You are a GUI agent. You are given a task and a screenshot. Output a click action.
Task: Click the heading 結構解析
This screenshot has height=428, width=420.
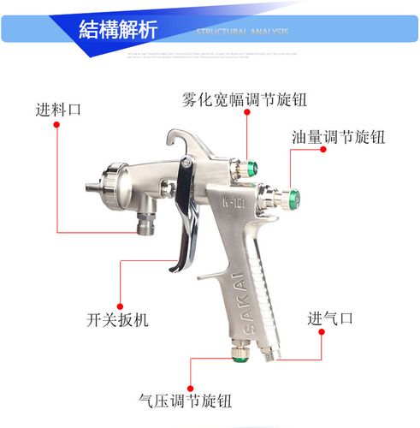tap(118, 29)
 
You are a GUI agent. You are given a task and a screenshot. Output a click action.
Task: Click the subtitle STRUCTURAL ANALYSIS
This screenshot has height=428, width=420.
tap(242, 31)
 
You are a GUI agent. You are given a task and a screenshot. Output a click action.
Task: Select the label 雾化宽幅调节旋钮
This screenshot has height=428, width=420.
tap(244, 99)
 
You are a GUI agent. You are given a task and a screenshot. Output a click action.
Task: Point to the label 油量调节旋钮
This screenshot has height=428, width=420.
tap(337, 137)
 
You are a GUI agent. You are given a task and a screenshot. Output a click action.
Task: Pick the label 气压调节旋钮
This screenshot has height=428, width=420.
tap(185, 400)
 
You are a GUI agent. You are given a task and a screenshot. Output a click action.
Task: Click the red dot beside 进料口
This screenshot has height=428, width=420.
tap(56, 124)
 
